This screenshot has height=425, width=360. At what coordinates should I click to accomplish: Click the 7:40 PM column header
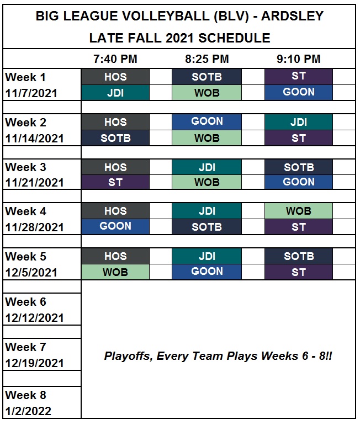point(115,59)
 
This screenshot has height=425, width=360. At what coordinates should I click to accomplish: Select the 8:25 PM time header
point(207,59)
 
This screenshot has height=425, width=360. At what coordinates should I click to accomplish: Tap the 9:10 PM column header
point(299,59)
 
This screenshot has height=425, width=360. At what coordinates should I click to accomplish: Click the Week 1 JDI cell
point(115,93)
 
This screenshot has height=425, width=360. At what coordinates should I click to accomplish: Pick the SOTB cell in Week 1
point(207,77)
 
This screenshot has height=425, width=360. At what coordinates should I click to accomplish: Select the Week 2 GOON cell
point(207,121)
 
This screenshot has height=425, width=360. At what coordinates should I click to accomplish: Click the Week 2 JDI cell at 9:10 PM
point(299,122)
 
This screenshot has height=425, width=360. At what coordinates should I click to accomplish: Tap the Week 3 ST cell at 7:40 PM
point(115,182)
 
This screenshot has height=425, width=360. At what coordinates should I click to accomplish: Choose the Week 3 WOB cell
point(207,182)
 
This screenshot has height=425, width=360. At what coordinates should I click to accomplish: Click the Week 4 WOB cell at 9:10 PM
point(299,211)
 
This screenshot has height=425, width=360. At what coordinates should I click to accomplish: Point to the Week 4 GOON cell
point(115,226)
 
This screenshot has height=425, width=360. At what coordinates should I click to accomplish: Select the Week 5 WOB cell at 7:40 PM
point(115,272)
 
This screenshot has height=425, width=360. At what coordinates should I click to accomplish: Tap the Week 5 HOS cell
point(115,256)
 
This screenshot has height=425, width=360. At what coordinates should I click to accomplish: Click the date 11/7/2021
point(31,93)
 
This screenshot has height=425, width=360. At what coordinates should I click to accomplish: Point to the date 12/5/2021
point(31,273)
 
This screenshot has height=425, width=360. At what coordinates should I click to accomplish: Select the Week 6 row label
point(25,302)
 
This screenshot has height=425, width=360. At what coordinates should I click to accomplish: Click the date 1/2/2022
point(28,411)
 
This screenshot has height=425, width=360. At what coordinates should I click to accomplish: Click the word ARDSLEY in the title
point(292,15)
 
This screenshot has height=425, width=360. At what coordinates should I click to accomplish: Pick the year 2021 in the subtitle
point(179,38)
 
